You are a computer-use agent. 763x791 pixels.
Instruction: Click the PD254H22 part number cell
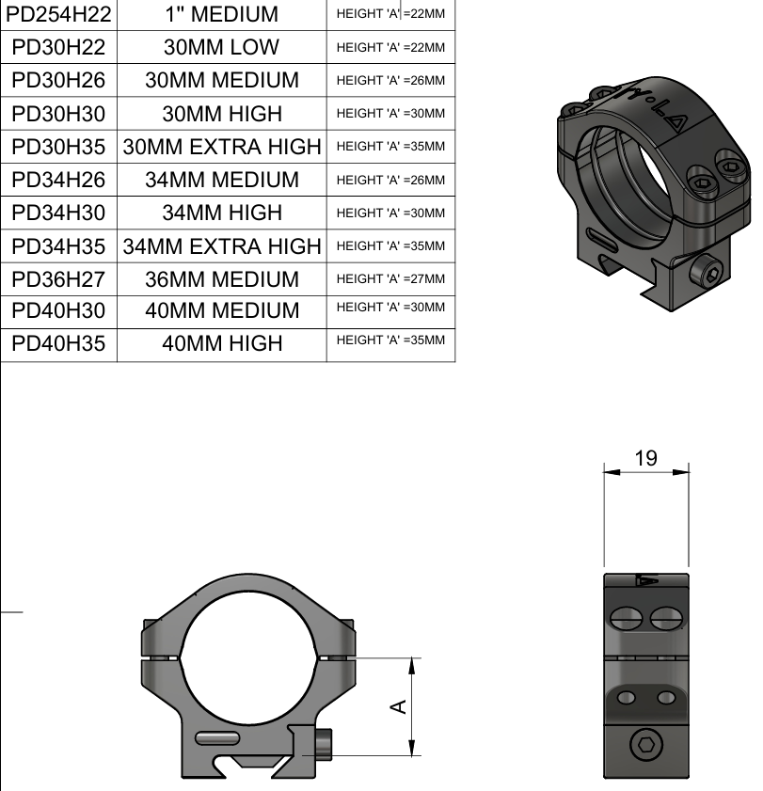(x=58, y=14)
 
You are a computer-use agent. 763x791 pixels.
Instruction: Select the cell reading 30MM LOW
(x=222, y=48)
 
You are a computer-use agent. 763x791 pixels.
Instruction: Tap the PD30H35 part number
(x=58, y=147)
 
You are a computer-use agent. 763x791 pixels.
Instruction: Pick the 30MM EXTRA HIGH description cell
(x=222, y=147)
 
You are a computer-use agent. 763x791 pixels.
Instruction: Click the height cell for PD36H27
(x=390, y=279)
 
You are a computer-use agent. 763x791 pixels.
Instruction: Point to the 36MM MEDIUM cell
(x=222, y=279)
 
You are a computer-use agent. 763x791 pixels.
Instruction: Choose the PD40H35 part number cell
(x=58, y=343)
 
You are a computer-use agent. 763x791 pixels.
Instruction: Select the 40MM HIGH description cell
(x=222, y=343)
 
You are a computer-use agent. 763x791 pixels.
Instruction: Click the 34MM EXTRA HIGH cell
(x=222, y=246)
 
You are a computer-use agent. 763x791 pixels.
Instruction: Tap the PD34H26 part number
(x=58, y=180)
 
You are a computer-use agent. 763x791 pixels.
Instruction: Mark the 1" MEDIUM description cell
(x=222, y=14)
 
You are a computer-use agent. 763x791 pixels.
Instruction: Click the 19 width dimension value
(x=645, y=459)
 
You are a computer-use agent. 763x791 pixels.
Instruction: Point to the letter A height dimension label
(x=399, y=705)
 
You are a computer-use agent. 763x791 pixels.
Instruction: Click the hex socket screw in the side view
(x=646, y=748)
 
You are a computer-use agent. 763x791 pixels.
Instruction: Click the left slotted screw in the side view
(x=627, y=618)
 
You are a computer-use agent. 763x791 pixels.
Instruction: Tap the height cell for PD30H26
(x=390, y=81)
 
